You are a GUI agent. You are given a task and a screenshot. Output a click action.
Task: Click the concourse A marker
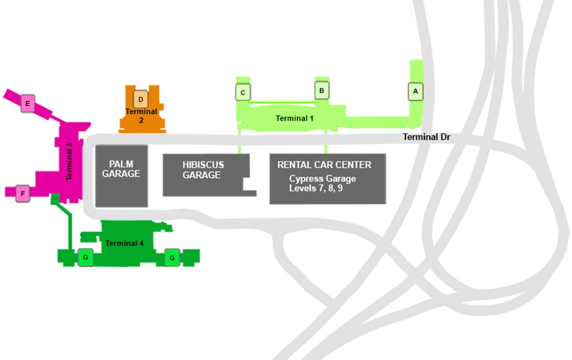click(416, 92)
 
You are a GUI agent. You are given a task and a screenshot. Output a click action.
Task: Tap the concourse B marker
click(322, 90)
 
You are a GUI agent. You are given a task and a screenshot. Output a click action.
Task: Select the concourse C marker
click(243, 92)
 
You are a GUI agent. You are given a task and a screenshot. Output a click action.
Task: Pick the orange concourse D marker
click(140, 99)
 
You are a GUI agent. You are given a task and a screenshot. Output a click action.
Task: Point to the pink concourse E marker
click(28, 104)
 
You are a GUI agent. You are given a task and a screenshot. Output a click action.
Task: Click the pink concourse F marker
click(22, 194)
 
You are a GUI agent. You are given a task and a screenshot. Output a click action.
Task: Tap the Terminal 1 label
click(294, 118)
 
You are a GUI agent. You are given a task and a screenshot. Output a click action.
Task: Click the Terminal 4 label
click(124, 243)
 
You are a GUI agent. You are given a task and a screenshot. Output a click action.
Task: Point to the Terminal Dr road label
click(426, 137)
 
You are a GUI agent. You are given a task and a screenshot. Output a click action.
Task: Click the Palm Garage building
click(121, 188)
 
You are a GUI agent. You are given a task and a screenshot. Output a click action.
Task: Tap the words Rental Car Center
click(324, 165)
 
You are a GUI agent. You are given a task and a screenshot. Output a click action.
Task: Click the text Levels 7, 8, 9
click(316, 188)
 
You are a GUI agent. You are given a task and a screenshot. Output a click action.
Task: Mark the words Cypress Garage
click(323, 179)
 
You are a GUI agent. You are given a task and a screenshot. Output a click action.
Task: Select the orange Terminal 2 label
click(141, 115)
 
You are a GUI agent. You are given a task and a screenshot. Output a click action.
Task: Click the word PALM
click(121, 164)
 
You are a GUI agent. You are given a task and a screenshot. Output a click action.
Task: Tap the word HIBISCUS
click(203, 165)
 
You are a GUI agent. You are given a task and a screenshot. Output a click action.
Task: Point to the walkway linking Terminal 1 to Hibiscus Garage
click(240, 142)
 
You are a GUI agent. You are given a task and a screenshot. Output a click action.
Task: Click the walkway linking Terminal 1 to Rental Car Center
click(325, 142)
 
